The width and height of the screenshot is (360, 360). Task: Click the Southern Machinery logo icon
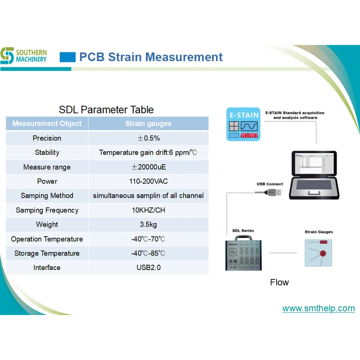click(7, 56)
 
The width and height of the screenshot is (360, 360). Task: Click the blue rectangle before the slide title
click(67, 57)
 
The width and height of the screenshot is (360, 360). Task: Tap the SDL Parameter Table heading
click(106, 110)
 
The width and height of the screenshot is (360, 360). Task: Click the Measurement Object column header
click(47, 123)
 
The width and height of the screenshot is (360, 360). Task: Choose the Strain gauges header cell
click(148, 123)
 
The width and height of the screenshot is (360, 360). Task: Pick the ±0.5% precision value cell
click(148, 138)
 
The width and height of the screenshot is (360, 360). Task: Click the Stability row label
click(47, 153)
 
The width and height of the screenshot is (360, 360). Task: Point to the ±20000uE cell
click(148, 167)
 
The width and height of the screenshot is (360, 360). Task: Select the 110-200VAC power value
click(148, 181)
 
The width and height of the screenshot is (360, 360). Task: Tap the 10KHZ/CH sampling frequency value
click(148, 210)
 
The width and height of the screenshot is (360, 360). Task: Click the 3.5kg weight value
click(148, 225)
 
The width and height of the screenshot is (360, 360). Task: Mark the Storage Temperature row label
click(47, 253)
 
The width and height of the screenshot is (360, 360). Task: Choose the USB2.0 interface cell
click(148, 268)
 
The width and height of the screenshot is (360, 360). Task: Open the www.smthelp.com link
click(318, 309)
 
